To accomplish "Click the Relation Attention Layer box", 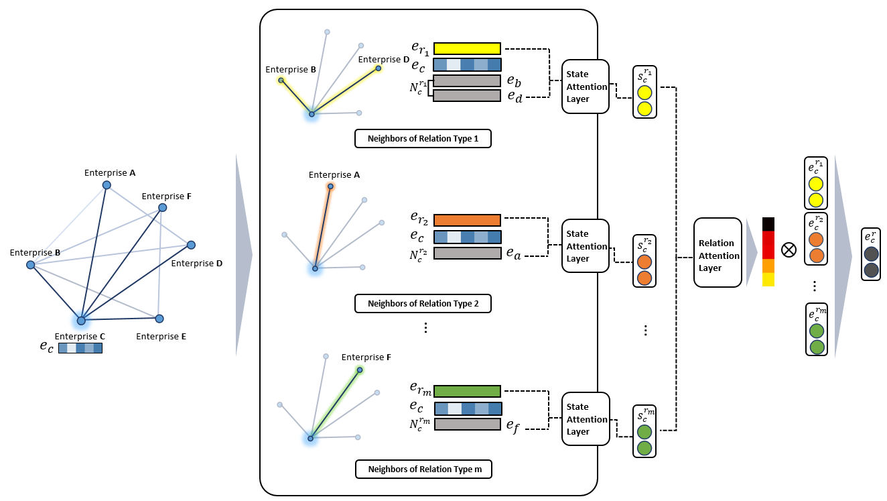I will tap(718, 255).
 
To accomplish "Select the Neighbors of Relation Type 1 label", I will tap(423, 139).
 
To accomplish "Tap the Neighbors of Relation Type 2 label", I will tap(423, 304).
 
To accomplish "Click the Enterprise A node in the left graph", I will tap(106, 185).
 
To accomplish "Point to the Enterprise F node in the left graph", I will tap(162, 208).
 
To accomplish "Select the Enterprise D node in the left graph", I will tap(191, 245).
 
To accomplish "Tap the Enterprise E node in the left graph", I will tap(159, 318).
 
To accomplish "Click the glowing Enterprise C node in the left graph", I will tap(81, 321).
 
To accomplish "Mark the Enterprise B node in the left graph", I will tap(30, 265).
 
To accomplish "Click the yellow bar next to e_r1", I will tap(467, 48).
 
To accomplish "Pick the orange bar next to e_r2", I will tap(467, 220).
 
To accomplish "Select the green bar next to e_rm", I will tap(467, 391).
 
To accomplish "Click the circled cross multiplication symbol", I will tap(789, 250).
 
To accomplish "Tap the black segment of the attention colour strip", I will tap(768, 224).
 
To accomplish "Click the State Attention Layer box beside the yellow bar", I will tap(586, 87).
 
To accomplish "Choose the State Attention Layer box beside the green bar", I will tap(586, 419).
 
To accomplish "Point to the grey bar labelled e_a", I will tap(467, 254).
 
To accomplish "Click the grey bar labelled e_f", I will tap(467, 424).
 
